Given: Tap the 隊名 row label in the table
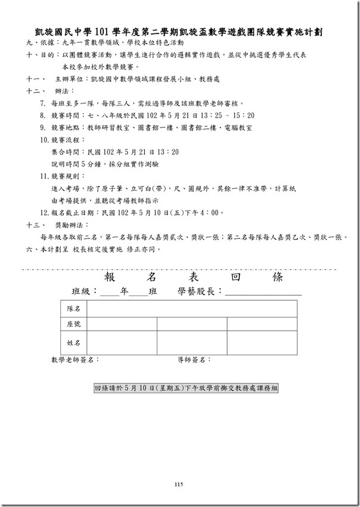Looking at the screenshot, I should coord(74,309).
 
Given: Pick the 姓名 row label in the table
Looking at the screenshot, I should coord(74,343).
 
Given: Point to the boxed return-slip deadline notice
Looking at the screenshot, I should coord(187,388).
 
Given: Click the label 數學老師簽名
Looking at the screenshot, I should coord(75,360).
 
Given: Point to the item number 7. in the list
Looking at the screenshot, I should coord(43,103).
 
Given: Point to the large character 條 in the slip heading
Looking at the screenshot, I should coord(278,277).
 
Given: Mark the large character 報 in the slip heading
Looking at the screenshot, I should coord(110,277).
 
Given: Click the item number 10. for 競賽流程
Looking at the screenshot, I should coord(44,140).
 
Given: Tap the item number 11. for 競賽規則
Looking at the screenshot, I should coord(44,176).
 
